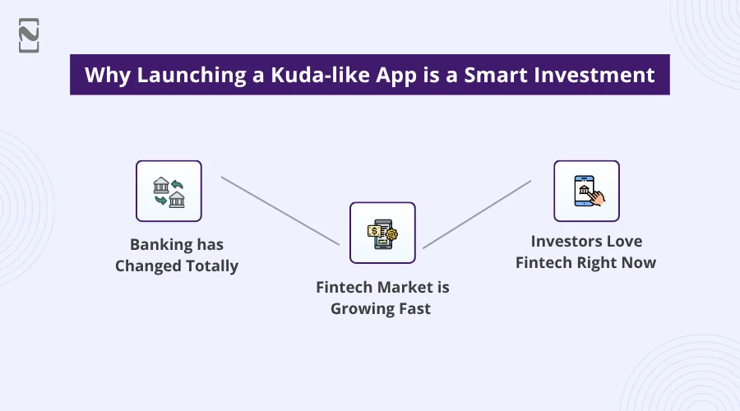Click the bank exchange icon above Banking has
coord(169,191)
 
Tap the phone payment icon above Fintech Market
coord(382,233)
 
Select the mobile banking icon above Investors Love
coord(586,191)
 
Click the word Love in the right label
coord(624,242)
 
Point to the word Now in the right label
coord(639,262)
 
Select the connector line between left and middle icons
coord(280,210)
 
